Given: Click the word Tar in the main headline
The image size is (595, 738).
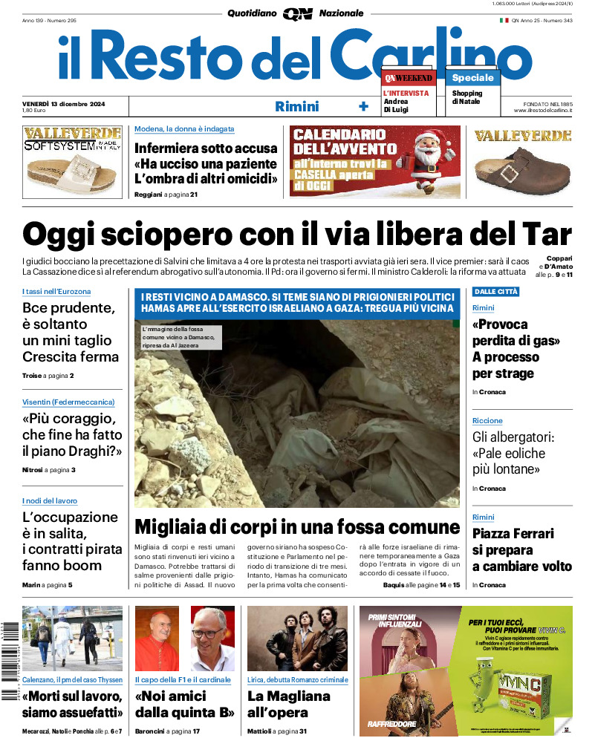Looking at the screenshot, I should coord(547,235).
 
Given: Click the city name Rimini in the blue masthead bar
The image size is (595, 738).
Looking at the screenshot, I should coord(296,106).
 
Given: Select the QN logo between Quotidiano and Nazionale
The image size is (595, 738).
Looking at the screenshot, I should coord(297,13).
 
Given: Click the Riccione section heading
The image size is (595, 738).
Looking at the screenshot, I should coord(487,421).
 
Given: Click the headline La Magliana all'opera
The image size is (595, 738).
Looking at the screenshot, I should coord(289,705).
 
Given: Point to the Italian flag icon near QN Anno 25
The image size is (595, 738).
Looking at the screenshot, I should coord(504,21).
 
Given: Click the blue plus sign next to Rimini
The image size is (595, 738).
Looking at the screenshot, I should coord(363,106).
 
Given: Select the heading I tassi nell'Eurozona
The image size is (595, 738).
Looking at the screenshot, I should coord(56,292).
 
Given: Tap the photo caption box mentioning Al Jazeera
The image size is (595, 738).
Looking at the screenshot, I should coord(180,337).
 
